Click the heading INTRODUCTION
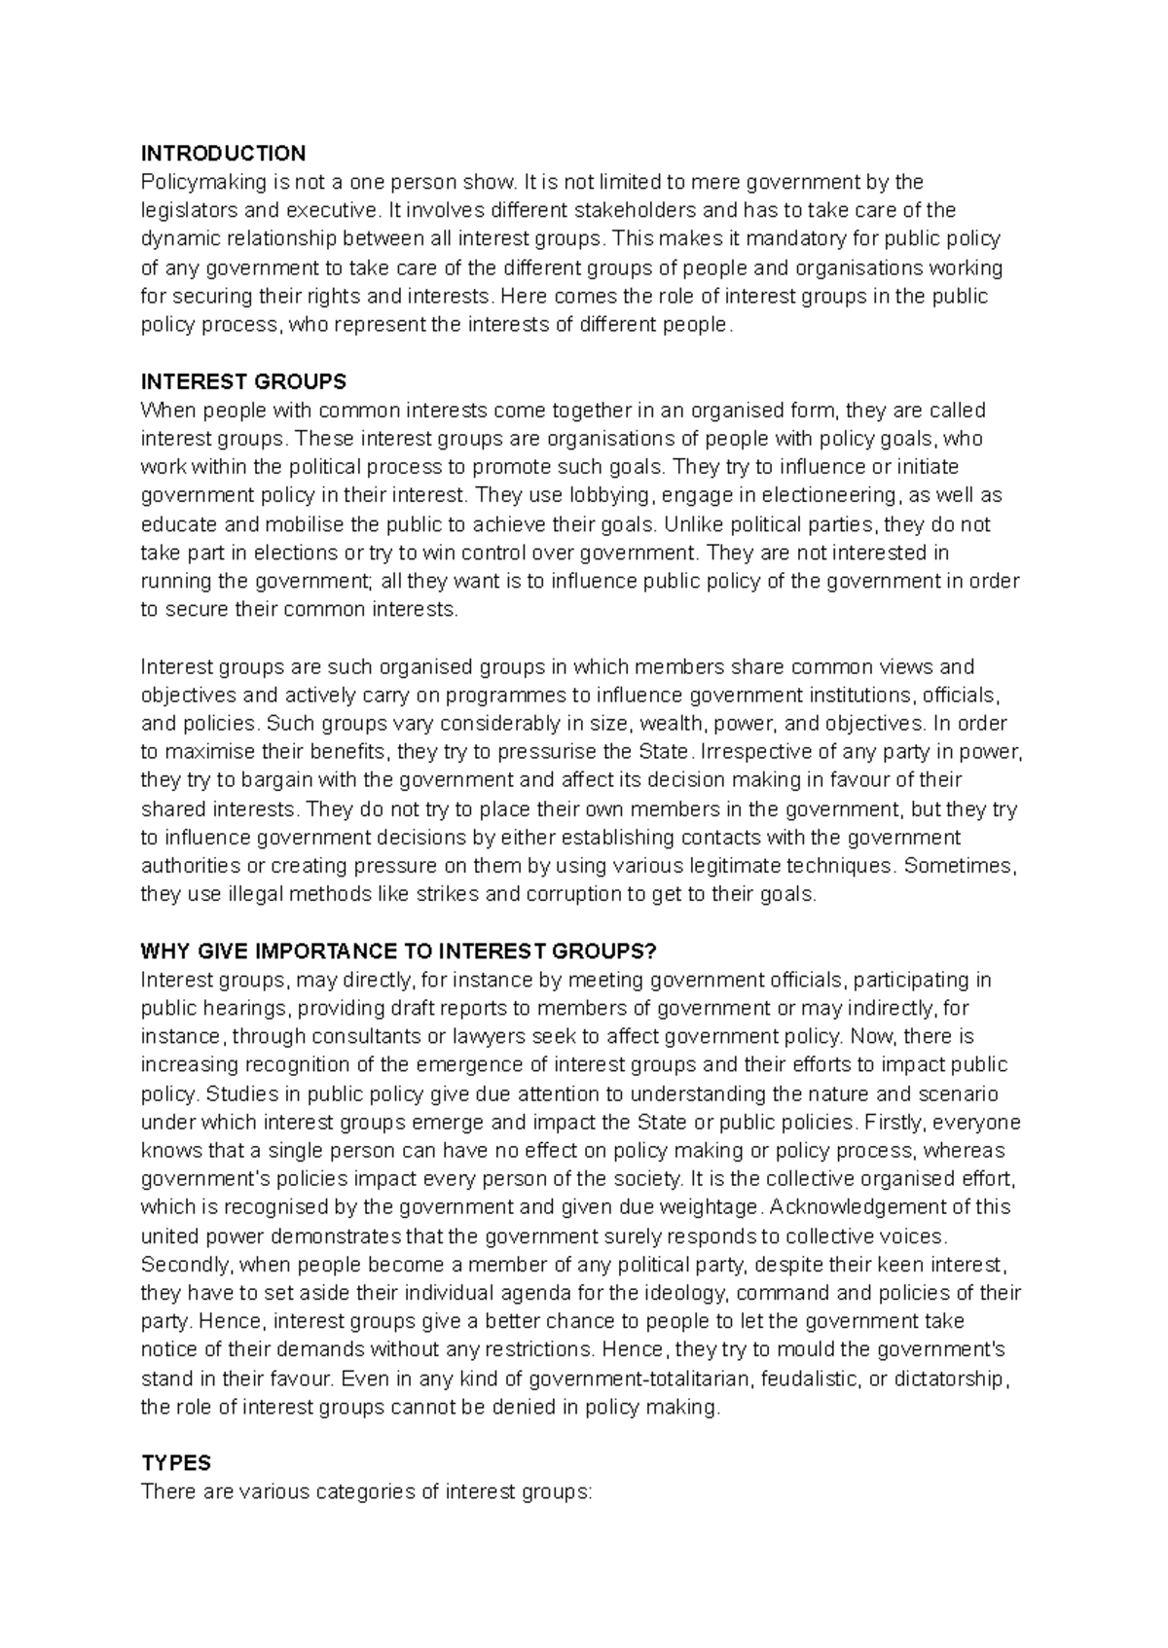[223, 153]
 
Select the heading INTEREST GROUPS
[243, 381]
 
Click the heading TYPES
[176, 1463]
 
